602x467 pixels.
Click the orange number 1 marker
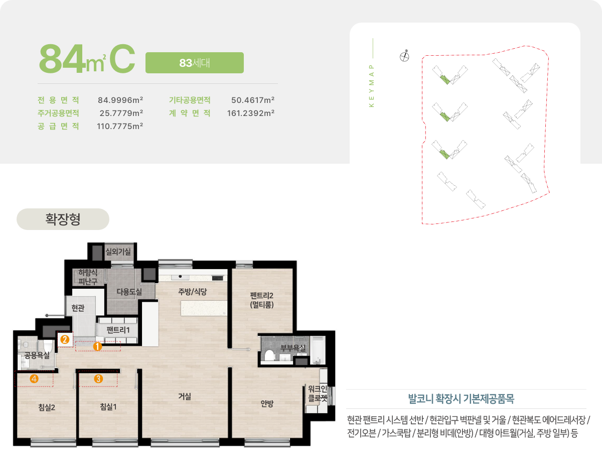pyautogui.click(x=97, y=346)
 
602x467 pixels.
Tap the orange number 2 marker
pyautogui.click(x=65, y=339)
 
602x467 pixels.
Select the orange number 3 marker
pyautogui.click(x=98, y=379)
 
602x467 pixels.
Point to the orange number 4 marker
pyautogui.click(x=34, y=379)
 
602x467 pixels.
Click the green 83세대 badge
pyautogui.click(x=195, y=63)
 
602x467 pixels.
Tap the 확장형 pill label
pyautogui.click(x=63, y=219)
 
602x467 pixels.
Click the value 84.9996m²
pyautogui.click(x=120, y=100)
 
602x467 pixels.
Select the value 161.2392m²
pyautogui.click(x=251, y=113)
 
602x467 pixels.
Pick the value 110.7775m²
pyautogui.click(x=120, y=126)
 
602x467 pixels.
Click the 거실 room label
pyautogui.click(x=185, y=396)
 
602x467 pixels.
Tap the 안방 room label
pyautogui.click(x=267, y=404)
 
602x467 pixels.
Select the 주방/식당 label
pyautogui.click(x=193, y=291)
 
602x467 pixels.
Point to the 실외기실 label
pyautogui.click(x=118, y=252)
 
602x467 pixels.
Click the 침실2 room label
pyautogui.click(x=47, y=407)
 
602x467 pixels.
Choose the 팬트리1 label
pyautogui.click(x=118, y=330)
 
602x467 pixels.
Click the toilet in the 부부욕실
pyautogui.click(x=269, y=355)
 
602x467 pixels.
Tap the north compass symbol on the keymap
pyautogui.click(x=404, y=56)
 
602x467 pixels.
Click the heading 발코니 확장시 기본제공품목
pyautogui.click(x=461, y=399)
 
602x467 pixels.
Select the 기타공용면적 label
pyautogui.click(x=190, y=100)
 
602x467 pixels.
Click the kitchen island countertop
pyautogui.click(x=204, y=308)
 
